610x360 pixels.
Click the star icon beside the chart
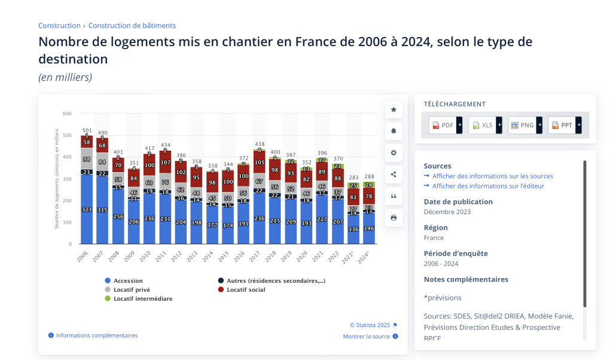pyautogui.click(x=394, y=109)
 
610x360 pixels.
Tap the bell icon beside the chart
pyautogui.click(x=394, y=131)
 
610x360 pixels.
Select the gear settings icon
pyautogui.click(x=394, y=152)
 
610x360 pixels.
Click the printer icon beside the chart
pyautogui.click(x=394, y=218)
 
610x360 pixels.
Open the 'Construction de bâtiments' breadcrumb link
pyautogui.click(x=132, y=26)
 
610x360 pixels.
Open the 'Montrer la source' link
pyautogui.click(x=366, y=337)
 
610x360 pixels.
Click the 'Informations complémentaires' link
pyautogui.click(x=96, y=335)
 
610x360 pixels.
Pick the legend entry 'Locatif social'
pyautogui.click(x=245, y=290)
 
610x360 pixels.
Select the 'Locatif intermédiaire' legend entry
pyautogui.click(x=142, y=298)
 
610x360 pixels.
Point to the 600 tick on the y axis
pyautogui.click(x=67, y=114)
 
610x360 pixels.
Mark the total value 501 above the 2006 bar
pyautogui.click(x=87, y=130)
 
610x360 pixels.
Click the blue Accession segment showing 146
pyautogui.click(x=369, y=229)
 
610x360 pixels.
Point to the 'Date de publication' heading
pyautogui.click(x=458, y=202)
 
